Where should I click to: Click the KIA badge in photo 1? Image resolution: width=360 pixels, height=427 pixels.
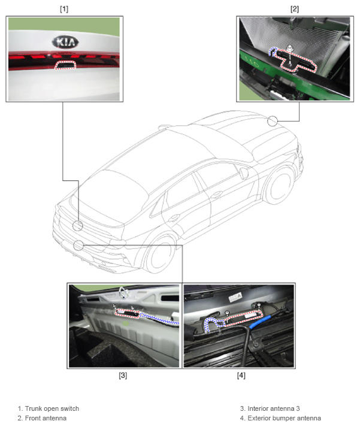(x=65, y=42)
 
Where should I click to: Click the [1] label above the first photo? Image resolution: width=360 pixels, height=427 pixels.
(x=64, y=9)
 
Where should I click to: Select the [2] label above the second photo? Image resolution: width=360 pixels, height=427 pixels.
(x=295, y=9)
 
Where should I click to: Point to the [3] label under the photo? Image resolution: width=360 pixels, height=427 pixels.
(x=123, y=375)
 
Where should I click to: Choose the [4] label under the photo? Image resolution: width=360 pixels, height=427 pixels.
(x=241, y=375)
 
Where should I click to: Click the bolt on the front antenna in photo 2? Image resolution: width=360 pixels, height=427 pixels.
(x=290, y=49)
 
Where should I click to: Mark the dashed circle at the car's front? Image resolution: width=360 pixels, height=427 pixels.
(x=273, y=121)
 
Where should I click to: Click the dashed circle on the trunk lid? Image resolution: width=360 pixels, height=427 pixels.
(x=78, y=226)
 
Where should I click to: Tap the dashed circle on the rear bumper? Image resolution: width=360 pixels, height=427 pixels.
(x=78, y=246)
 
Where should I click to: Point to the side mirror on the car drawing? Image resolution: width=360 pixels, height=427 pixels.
(x=244, y=173)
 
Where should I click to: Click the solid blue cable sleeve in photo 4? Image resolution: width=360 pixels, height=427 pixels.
(x=260, y=322)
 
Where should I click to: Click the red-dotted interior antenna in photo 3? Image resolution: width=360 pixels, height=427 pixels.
(x=128, y=313)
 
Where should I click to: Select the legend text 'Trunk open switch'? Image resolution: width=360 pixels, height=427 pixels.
(x=52, y=408)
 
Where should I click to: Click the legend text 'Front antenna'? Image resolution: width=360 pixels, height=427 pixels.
(x=46, y=418)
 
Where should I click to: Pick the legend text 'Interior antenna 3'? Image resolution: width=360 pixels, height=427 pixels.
(x=274, y=408)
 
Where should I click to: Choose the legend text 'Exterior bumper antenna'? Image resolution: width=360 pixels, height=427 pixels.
(x=285, y=418)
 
